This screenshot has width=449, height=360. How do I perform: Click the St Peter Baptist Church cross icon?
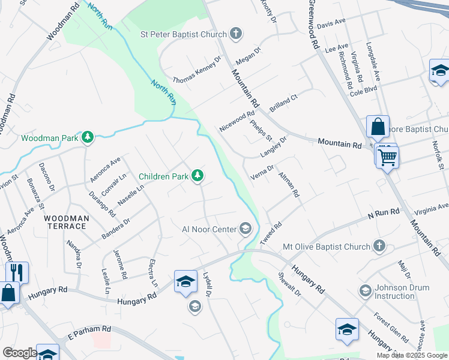point(236,34)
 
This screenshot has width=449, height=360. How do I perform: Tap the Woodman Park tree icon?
point(88,137)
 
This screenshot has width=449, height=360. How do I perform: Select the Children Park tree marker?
point(197,176)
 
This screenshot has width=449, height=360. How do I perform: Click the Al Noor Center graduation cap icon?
point(245,228)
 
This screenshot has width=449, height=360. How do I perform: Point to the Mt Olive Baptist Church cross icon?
point(379,246)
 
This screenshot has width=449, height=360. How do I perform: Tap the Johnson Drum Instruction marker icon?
point(365,291)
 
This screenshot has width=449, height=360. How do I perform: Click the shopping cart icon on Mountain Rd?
point(387,158)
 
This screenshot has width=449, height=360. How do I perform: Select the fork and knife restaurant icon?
point(17,272)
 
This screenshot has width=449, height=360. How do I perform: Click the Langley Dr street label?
point(274,146)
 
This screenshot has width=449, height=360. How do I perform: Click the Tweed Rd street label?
point(271,233)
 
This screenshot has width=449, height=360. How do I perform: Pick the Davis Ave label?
point(331,24)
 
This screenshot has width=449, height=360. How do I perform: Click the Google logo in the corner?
point(19,353)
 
